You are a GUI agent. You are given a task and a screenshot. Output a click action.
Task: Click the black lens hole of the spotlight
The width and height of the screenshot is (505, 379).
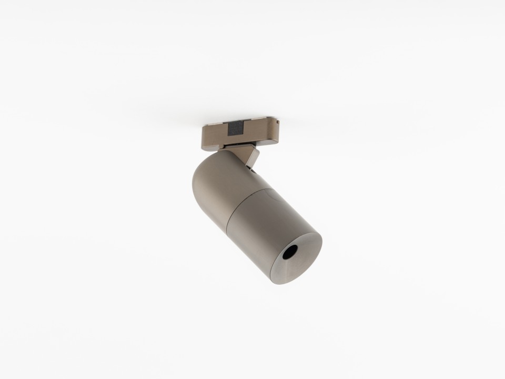[x=289, y=254]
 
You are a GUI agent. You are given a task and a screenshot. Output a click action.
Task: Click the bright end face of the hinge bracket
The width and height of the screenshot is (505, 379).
[x=257, y=156]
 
